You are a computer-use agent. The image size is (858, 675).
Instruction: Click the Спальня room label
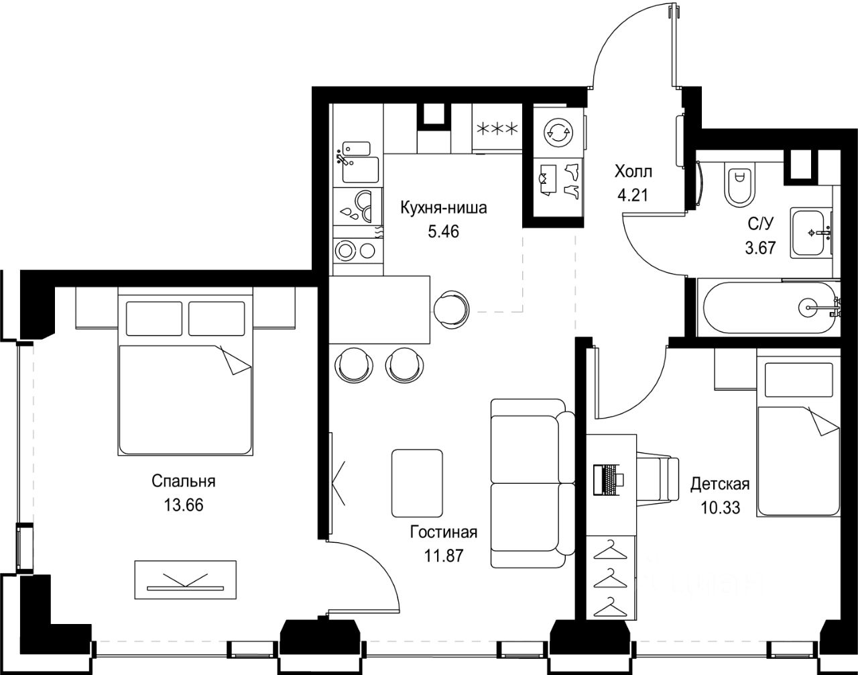point(184,481)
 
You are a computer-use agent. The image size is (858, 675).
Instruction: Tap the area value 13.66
point(184,505)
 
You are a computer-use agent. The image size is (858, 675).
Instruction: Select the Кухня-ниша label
point(444,207)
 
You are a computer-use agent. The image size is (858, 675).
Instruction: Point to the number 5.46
point(444,231)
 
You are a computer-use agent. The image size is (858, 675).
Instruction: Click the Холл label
point(633,172)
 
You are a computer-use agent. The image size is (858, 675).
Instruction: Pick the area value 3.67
point(761,248)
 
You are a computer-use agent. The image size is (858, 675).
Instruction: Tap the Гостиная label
point(444,532)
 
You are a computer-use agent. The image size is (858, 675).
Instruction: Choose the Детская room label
point(720,484)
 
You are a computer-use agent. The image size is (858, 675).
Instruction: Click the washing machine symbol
point(558,132)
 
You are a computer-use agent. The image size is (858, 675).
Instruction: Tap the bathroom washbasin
point(809,233)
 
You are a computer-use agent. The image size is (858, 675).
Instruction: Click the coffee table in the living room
point(417,483)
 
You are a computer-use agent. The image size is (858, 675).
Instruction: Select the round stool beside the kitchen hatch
point(451,310)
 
